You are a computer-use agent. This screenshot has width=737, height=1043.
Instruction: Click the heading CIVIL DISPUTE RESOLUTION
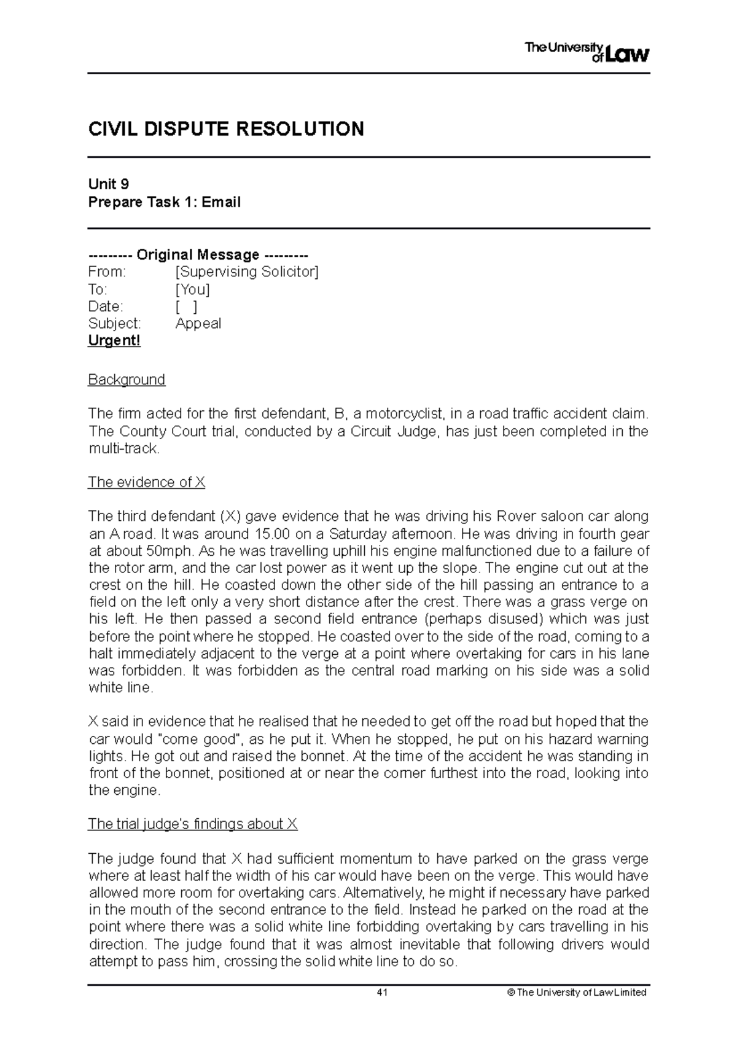point(226,129)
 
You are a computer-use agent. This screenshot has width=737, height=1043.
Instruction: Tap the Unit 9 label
point(108,184)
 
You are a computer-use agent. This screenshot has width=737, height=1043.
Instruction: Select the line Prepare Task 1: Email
point(164,202)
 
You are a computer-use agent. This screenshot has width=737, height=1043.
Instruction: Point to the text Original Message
point(198,254)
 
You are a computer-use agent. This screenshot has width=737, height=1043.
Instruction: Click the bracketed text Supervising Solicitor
point(247,271)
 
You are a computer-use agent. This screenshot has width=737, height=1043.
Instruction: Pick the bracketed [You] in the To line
point(192,289)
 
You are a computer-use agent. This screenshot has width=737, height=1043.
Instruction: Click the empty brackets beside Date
point(186,307)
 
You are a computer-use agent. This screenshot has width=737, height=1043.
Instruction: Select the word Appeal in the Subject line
point(198,324)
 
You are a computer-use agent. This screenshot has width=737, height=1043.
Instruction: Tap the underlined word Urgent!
point(114,341)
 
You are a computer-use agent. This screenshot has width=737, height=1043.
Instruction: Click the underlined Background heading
point(127,380)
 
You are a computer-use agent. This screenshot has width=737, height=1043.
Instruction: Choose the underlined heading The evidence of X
point(146,482)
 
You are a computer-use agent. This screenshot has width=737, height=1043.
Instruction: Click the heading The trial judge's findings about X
point(192,824)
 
